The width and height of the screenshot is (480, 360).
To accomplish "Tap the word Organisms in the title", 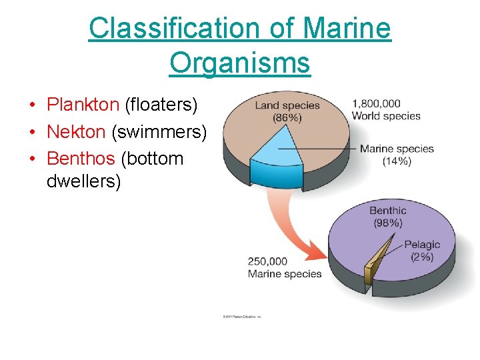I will pyautogui.click(x=239, y=63).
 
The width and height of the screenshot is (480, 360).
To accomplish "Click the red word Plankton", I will pyautogui.click(x=83, y=105).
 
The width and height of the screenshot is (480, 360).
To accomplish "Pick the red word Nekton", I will pyautogui.click(x=76, y=132).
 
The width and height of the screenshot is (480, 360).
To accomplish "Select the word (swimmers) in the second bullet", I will pyautogui.click(x=159, y=132).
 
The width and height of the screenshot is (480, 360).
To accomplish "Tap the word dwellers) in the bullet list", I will pyautogui.click(x=83, y=181).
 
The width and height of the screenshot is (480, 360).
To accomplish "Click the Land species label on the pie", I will pyautogui.click(x=287, y=105).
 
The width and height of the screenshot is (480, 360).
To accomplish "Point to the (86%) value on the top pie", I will pyautogui.click(x=287, y=118).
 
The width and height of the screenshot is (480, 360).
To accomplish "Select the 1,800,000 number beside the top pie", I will pyautogui.click(x=376, y=103).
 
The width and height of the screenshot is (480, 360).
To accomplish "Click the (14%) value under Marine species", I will pyautogui.click(x=397, y=161).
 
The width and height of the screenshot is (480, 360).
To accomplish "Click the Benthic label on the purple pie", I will pyautogui.click(x=387, y=211).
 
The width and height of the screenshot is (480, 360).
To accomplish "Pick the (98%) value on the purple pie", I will pyautogui.click(x=387, y=223).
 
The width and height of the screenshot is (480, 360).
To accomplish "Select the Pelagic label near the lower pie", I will pyautogui.click(x=422, y=245).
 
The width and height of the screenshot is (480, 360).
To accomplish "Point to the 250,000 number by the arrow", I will pyautogui.click(x=267, y=261).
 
